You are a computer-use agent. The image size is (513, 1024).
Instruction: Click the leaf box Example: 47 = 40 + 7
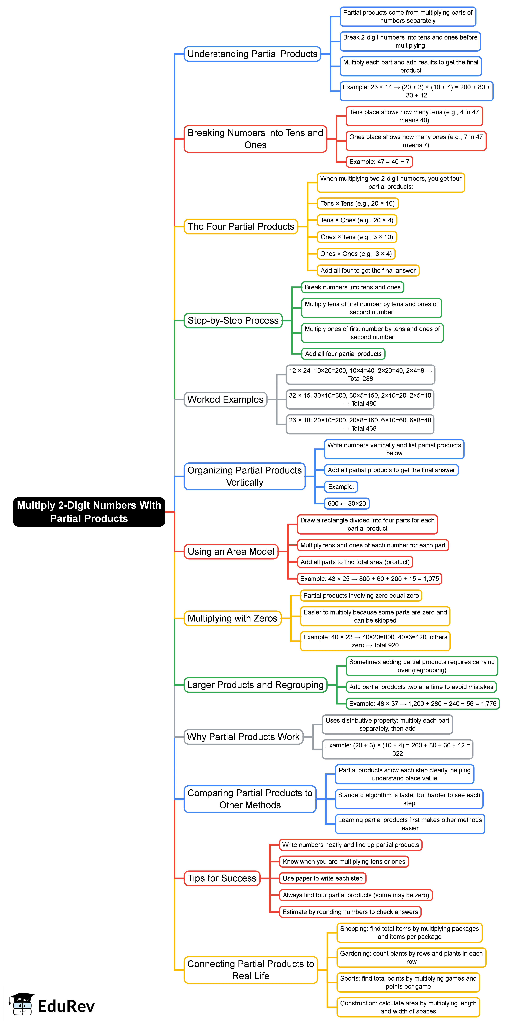pyautogui.click(x=379, y=162)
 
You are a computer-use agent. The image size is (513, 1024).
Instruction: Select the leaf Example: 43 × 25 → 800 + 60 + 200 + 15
pyautogui.click(x=369, y=579)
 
